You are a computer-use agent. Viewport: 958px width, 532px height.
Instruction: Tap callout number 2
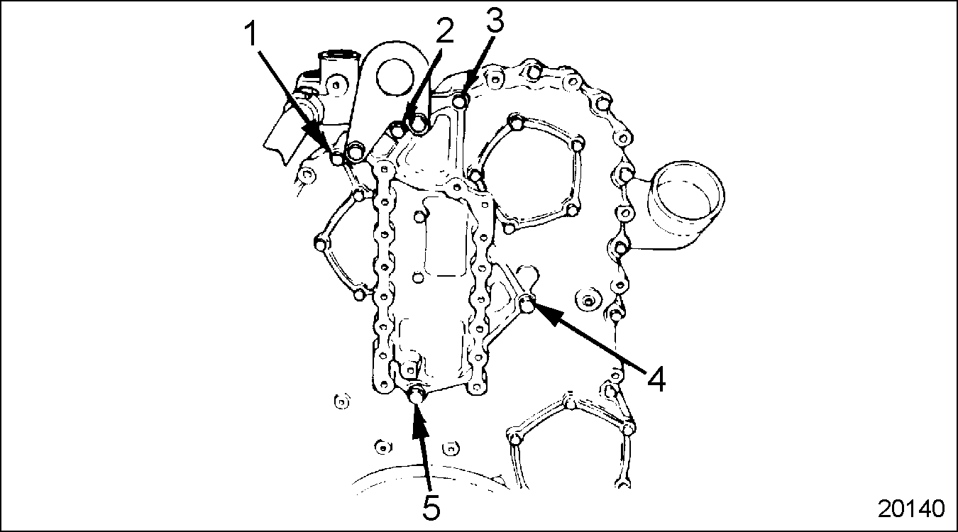444,31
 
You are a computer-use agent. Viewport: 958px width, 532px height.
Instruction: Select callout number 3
495,20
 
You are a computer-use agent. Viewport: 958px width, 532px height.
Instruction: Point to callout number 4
656,379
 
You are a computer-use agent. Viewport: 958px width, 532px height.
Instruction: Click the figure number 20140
911,509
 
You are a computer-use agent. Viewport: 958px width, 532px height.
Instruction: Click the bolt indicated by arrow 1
338,159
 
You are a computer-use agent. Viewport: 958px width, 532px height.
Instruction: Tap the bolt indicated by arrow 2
418,124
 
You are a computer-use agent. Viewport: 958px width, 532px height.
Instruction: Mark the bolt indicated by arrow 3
460,101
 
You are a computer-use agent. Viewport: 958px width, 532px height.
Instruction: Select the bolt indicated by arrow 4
528,304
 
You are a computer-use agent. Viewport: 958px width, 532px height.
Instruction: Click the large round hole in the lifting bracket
395,77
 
